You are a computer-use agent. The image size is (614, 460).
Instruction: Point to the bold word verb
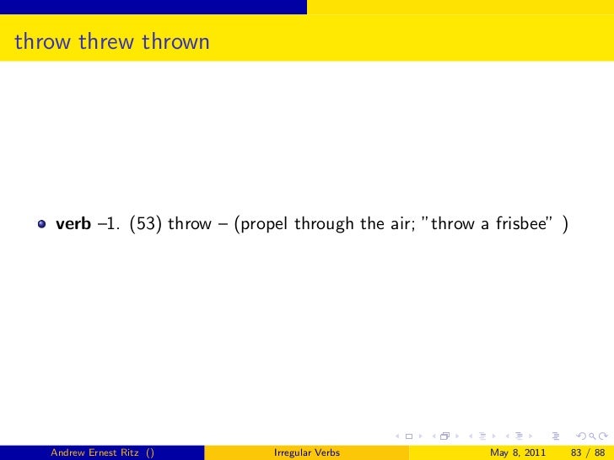73,223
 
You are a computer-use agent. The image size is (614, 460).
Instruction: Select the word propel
267,223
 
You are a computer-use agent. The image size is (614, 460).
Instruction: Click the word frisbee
521,223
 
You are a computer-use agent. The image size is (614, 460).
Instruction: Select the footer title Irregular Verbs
307,452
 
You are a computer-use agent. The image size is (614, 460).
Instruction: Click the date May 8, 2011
517,452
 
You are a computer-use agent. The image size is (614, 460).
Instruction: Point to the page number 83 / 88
588,452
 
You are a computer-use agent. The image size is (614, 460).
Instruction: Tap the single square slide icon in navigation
408,436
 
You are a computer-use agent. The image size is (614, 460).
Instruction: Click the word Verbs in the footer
325,452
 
